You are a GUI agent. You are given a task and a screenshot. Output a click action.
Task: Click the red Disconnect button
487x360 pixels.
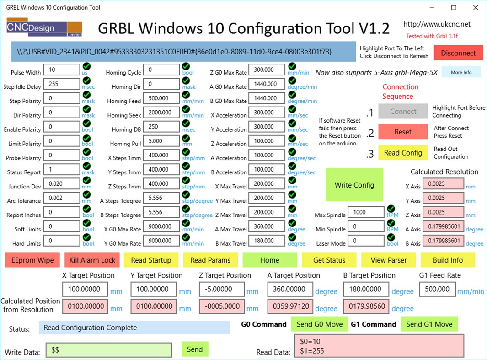point(458,53)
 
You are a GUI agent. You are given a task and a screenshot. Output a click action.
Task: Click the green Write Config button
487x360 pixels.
point(354,185)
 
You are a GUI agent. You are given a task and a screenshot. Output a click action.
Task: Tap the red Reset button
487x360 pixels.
point(403,132)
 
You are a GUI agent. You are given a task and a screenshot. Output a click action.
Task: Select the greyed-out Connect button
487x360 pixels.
point(403,111)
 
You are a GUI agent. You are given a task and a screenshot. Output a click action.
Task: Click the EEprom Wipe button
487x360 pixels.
point(32,260)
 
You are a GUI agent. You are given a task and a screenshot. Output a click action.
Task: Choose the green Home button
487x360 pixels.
point(269,260)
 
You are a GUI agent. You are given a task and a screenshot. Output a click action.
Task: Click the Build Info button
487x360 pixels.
point(448,260)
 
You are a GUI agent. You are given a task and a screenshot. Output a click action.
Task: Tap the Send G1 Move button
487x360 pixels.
point(429,324)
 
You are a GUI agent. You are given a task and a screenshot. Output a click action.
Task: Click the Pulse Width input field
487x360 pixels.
point(61,70)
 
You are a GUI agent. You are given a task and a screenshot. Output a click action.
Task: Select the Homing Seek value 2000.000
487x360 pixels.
point(161,112)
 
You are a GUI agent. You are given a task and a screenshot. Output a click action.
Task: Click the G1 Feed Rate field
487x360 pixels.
point(437,289)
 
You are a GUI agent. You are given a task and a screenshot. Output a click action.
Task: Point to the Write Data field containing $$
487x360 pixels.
point(109,350)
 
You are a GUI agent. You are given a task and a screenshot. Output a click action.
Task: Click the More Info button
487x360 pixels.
point(461,72)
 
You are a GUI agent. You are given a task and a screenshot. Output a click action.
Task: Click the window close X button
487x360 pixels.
point(476,8)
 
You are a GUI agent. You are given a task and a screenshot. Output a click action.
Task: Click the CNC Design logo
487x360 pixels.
point(44,28)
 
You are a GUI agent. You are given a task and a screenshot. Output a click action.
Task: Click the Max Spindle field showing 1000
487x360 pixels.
point(366,212)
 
